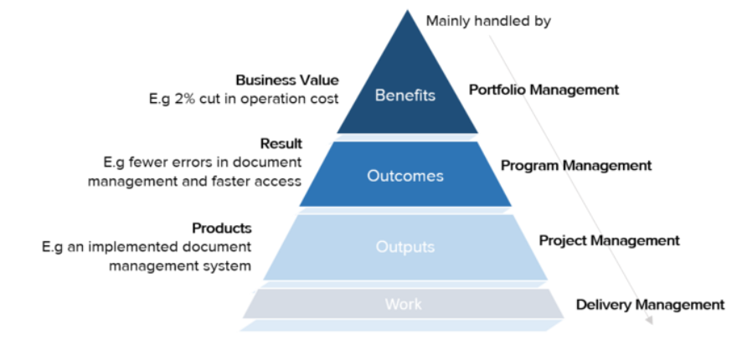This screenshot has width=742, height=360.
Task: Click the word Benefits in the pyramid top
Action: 405,95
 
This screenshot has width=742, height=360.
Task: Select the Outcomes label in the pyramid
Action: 405,176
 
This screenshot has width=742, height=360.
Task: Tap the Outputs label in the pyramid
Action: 405,247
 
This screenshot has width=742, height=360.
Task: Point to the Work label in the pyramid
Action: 404,304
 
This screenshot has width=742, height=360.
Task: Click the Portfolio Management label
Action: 544,90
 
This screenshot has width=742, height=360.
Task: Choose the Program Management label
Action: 576,166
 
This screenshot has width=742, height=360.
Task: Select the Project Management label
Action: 609,240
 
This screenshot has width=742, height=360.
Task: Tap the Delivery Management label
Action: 650,305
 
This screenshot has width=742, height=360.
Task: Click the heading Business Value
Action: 287,80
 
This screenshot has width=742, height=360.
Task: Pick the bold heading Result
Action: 281,144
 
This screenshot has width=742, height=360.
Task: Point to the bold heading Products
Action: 222,228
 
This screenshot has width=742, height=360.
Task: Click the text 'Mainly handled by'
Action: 488,21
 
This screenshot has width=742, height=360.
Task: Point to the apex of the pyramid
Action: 408,12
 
